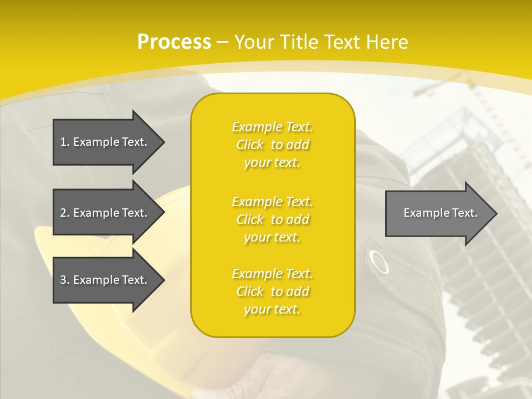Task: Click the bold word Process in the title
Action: tap(174, 42)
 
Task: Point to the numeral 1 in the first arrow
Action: tap(63, 142)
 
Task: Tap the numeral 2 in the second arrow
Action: tap(63, 213)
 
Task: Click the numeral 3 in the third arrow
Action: tap(63, 280)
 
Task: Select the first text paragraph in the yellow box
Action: tap(273, 145)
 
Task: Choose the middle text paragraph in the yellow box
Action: tap(273, 219)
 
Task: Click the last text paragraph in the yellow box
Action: tap(273, 291)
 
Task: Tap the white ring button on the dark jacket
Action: tap(379, 262)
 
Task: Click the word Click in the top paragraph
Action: tap(250, 145)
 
